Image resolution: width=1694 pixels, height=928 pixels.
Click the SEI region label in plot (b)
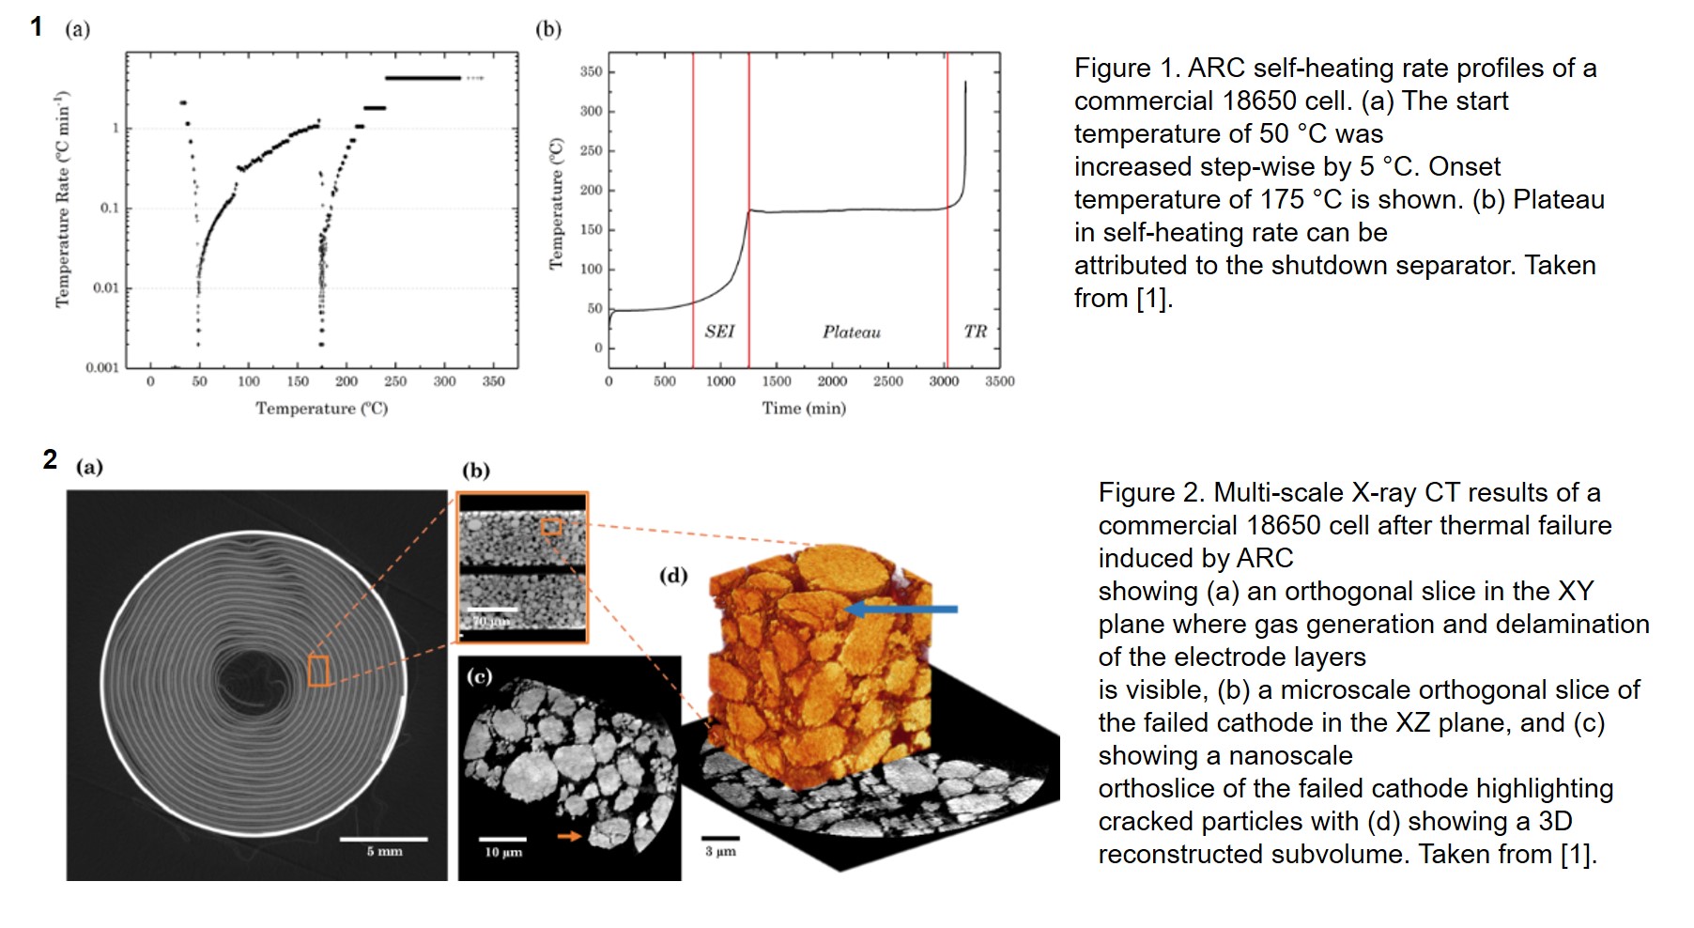[x=719, y=332]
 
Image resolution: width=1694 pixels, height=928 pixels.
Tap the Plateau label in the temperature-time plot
[x=852, y=333]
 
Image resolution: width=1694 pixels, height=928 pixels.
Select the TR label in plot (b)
[x=975, y=332]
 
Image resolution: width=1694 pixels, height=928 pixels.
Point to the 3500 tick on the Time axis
[x=999, y=381]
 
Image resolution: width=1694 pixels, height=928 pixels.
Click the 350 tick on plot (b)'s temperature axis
[x=591, y=71]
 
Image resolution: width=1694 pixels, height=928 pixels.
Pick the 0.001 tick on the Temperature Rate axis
[x=102, y=367]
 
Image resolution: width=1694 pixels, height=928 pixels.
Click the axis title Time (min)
[x=804, y=408]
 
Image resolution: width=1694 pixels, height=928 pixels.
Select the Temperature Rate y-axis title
[x=63, y=199]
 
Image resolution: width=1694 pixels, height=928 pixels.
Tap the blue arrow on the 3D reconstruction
[x=901, y=610]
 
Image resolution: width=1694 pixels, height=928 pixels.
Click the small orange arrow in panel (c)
[x=569, y=835]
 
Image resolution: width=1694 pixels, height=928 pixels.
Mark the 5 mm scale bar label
[x=384, y=852]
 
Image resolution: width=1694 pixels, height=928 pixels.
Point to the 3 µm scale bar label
[x=720, y=852]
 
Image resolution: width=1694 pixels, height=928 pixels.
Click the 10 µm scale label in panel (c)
[x=503, y=853]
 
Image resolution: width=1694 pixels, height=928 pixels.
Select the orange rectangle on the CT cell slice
[x=319, y=671]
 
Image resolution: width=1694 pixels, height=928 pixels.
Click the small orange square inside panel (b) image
[x=551, y=528]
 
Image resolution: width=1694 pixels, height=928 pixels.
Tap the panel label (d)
[x=672, y=575]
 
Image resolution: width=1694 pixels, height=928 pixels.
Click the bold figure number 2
[x=50, y=460]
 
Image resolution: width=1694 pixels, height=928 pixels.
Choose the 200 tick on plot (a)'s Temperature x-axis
[x=346, y=381]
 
